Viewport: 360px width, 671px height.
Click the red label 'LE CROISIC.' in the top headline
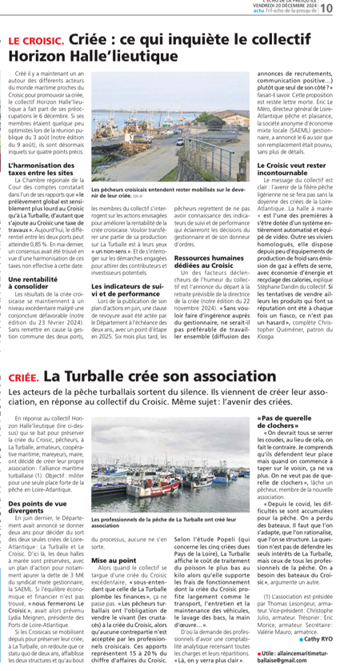(x=36, y=39)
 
